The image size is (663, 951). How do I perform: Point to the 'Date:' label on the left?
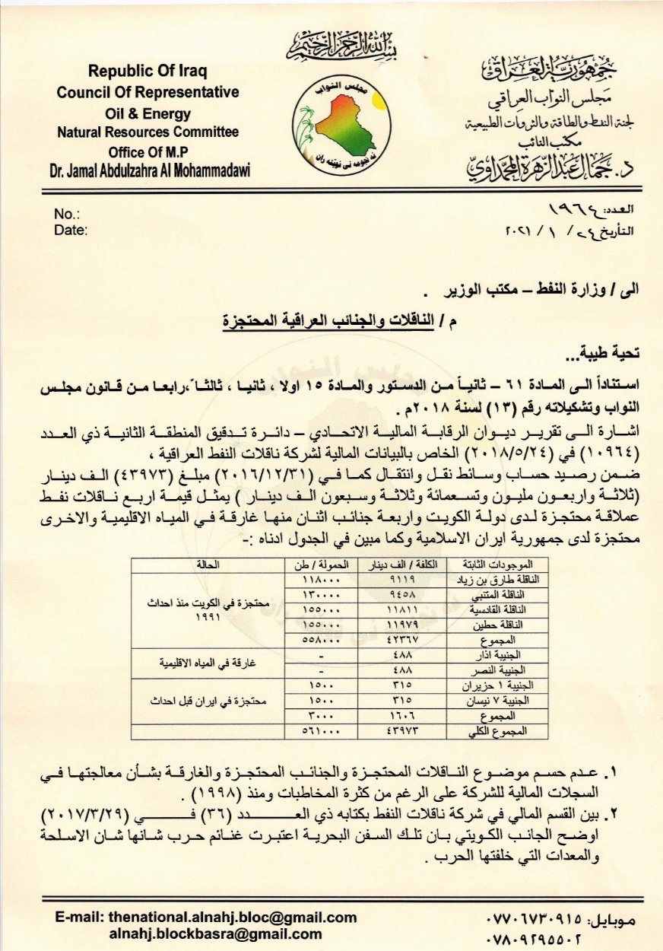click(71, 230)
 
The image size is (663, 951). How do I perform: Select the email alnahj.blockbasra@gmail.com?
click(215, 934)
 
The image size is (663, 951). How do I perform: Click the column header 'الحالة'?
click(208, 564)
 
